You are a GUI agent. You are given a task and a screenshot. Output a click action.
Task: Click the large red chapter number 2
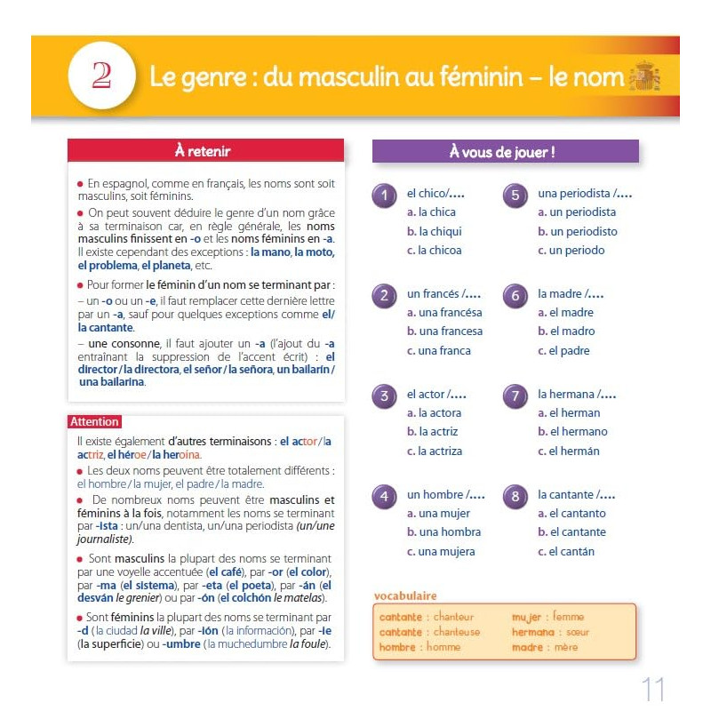click(x=101, y=75)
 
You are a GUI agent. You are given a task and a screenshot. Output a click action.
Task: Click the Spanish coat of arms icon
click(x=644, y=76)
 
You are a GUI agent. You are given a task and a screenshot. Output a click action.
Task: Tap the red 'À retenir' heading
click(x=205, y=151)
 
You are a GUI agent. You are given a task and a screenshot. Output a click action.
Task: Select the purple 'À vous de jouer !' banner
click(x=505, y=152)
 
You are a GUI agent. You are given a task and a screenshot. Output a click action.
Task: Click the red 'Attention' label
click(x=94, y=422)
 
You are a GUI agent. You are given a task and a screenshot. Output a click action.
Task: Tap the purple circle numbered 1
click(x=384, y=196)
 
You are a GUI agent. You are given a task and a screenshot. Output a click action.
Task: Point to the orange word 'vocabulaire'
click(x=405, y=595)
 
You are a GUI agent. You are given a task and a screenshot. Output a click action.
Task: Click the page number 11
click(x=652, y=689)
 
